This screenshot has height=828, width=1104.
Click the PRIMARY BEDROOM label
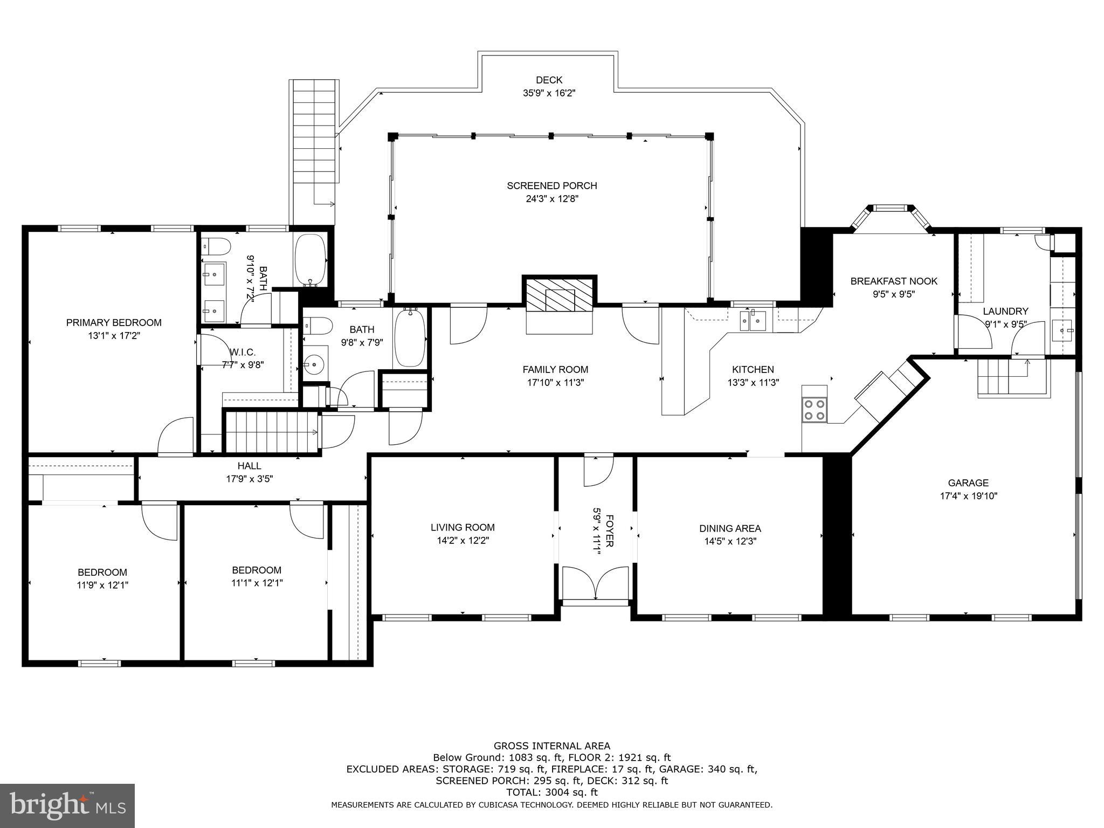point(114,323)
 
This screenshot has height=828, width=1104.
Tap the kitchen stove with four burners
point(814,409)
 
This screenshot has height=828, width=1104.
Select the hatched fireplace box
point(560,294)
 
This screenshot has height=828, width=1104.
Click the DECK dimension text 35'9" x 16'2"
point(549,93)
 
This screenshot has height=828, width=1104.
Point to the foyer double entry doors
point(595,583)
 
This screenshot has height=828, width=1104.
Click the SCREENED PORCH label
point(551,186)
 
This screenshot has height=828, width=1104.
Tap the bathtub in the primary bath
point(310,260)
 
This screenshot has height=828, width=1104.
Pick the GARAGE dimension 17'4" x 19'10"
point(968,496)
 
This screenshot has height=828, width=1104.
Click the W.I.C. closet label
point(242,353)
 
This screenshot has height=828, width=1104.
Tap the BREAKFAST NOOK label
point(893,281)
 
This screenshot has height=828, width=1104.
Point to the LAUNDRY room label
point(1005,312)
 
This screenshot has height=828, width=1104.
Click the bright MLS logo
point(67,806)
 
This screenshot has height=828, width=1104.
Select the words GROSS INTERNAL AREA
point(551,746)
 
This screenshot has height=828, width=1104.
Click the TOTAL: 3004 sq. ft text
point(551,792)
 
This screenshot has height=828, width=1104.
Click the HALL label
point(249,466)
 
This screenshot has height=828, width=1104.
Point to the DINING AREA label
point(730,529)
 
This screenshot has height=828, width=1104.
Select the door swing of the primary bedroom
point(175,437)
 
